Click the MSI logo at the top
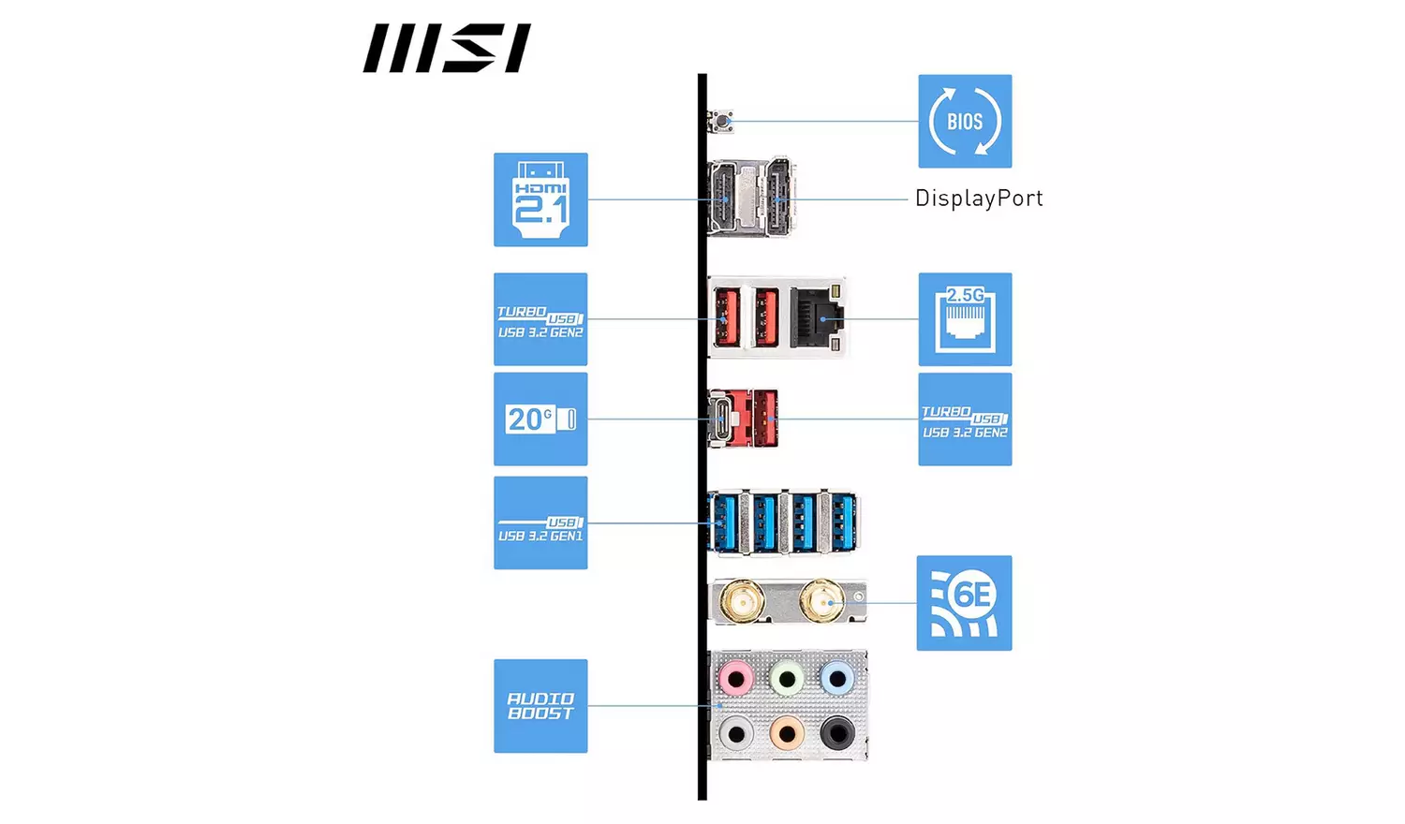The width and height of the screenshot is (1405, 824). coord(447,49)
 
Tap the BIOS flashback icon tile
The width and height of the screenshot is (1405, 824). coord(965,122)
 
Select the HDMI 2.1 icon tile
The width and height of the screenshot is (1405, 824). coord(540,199)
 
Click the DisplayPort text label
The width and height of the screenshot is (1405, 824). coord(978,199)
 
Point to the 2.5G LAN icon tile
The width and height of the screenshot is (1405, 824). coord(965,319)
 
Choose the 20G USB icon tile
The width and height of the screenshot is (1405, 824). coord(540,419)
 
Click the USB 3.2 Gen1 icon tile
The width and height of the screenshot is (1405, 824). coord(540,522)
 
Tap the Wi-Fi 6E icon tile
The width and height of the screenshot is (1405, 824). coord(964,603)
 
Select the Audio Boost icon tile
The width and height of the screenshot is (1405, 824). coord(540,706)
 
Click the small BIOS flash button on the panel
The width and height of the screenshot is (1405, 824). coord(721,121)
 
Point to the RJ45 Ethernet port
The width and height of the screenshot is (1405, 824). coord(818,318)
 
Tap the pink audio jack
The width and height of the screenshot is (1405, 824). coord(736,678)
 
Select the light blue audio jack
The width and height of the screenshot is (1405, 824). coord(836,678)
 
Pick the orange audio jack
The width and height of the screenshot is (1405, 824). coord(787,734)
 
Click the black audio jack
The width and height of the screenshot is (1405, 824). coord(836,734)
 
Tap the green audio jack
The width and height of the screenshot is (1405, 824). coord(787,678)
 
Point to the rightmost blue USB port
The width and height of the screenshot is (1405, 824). coord(843,522)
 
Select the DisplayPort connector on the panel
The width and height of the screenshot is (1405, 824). coord(778,198)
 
